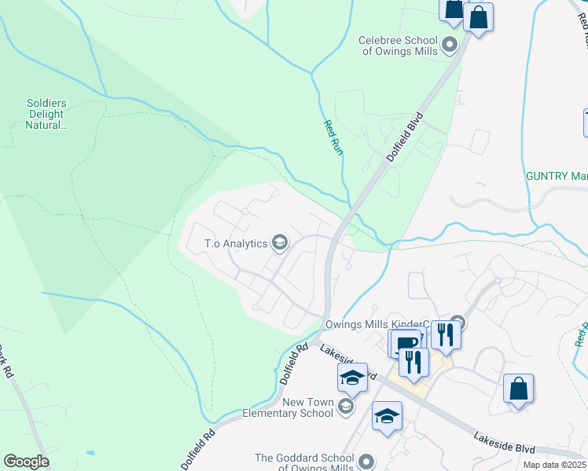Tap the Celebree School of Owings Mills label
396,46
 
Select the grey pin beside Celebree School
450,45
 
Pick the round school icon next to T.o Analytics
279,243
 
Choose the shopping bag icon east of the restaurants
519,389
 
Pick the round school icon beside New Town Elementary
346,406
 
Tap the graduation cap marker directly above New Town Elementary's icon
353,378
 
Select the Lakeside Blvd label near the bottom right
503,441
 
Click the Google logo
26,462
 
